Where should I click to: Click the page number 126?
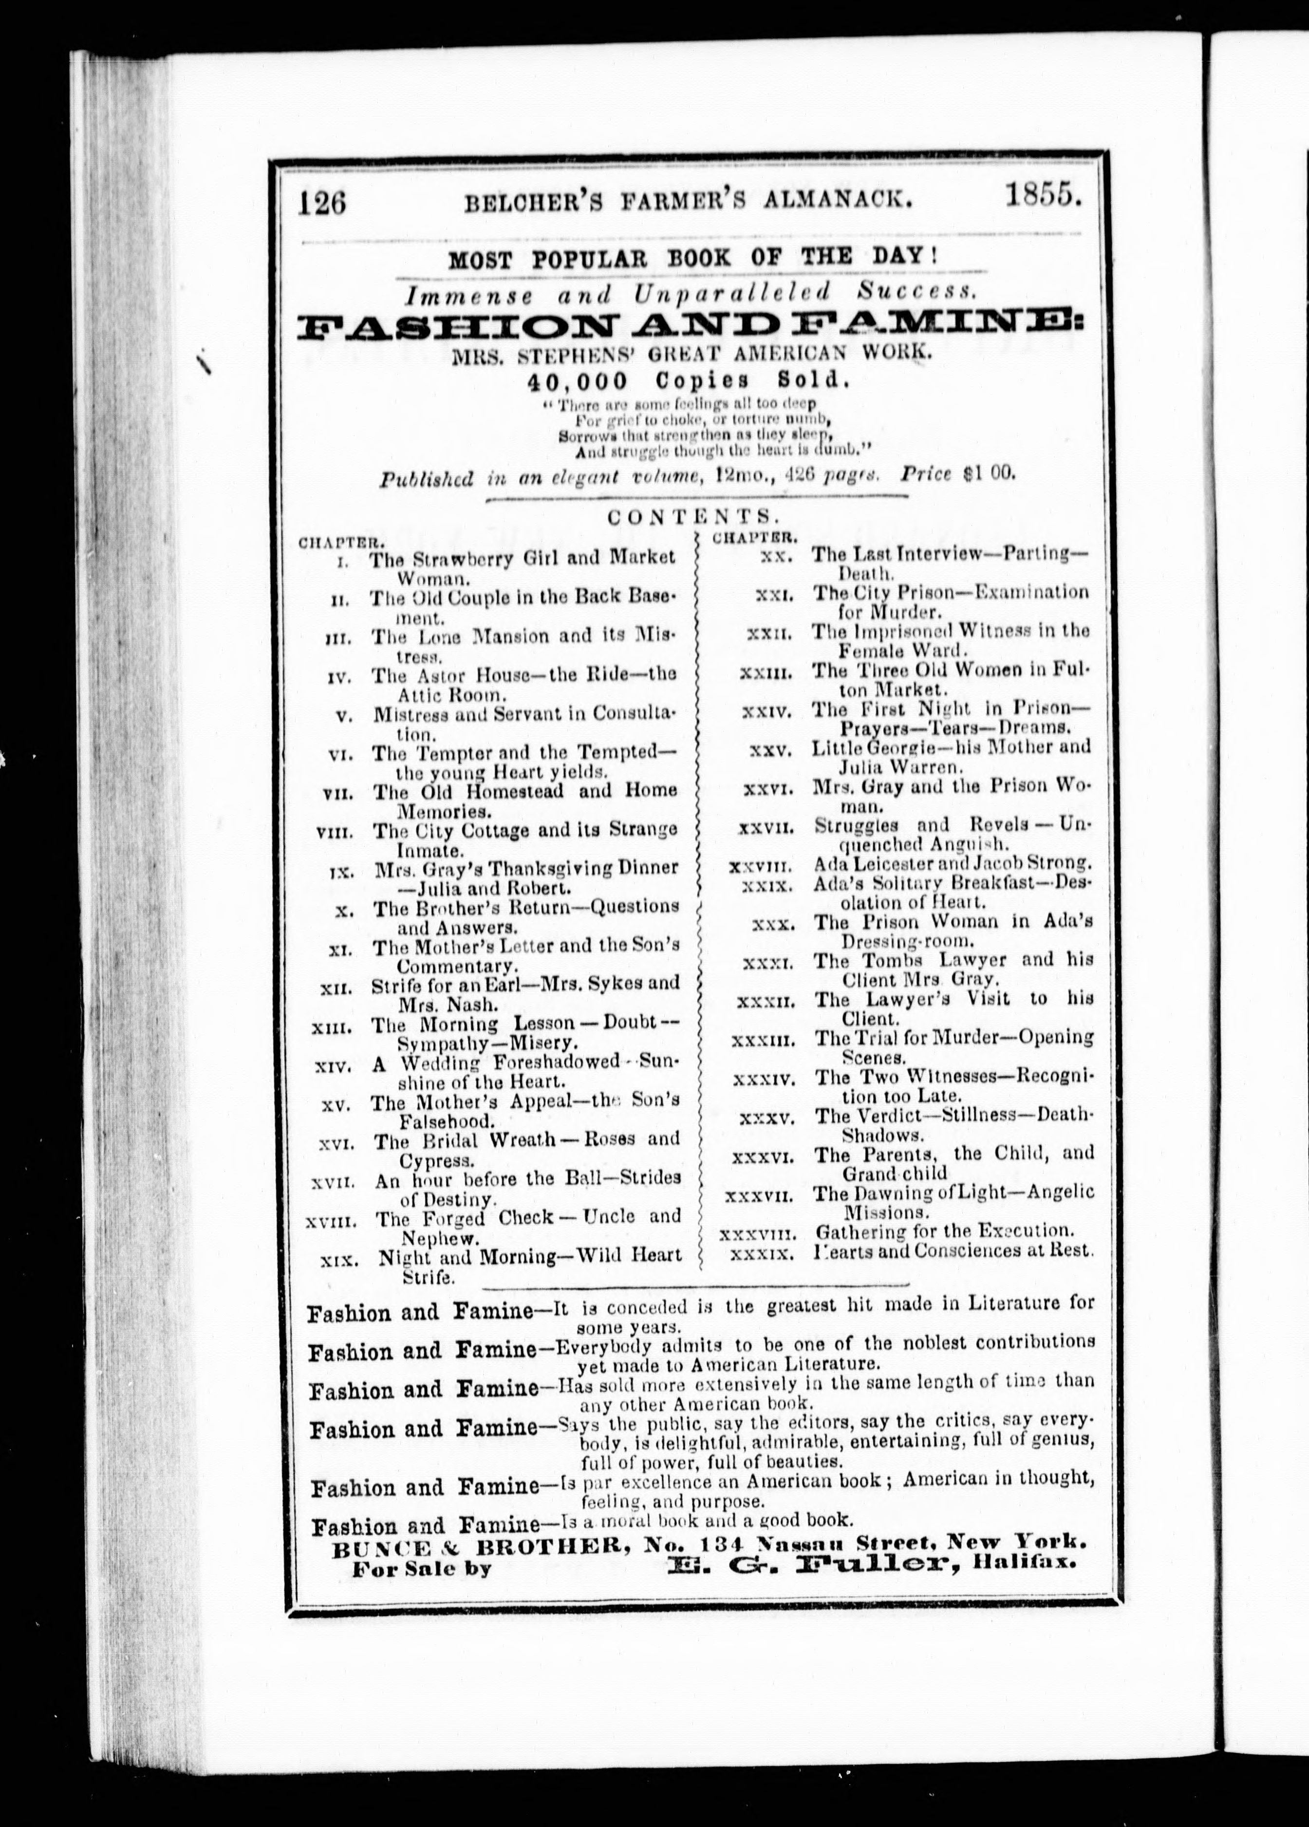pos(321,201)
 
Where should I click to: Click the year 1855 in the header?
pos(1042,196)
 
